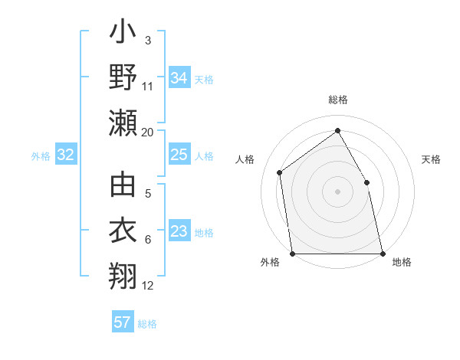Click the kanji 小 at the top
pos(123,35)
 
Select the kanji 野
pos(123,77)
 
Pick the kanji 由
pos(123,186)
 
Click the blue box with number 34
pos(179,77)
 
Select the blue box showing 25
pos(179,155)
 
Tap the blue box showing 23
pos(179,232)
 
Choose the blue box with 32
pos(65,155)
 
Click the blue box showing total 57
pos(122,322)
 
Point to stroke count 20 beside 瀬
pos(147,133)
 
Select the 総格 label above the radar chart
pos(337,100)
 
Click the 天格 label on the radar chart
pos(431,159)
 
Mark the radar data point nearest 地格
pos(382,253)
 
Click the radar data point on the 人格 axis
pos(280,172)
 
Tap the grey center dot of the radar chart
pos(337,191)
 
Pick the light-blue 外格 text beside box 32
pos(41,156)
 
